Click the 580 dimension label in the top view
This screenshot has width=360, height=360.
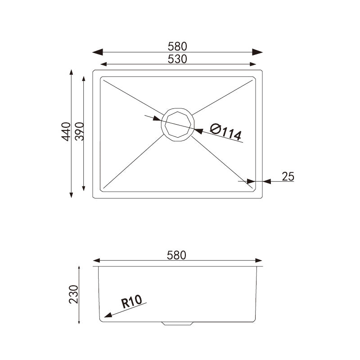tap(177, 46)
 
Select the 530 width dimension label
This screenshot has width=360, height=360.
tap(177, 58)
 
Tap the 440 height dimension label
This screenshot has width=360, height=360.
tap(66, 131)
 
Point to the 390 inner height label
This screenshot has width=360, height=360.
tap(79, 131)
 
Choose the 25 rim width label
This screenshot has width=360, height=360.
tap(288, 176)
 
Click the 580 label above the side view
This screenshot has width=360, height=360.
tap(176, 255)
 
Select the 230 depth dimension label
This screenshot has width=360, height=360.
tap(74, 294)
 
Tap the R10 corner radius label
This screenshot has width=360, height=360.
tap(131, 301)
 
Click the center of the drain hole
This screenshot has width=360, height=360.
tap(178, 124)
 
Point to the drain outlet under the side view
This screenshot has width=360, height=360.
tap(178, 323)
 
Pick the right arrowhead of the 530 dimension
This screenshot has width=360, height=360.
tap(253, 64)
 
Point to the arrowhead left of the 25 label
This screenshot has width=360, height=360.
tap(266, 181)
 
